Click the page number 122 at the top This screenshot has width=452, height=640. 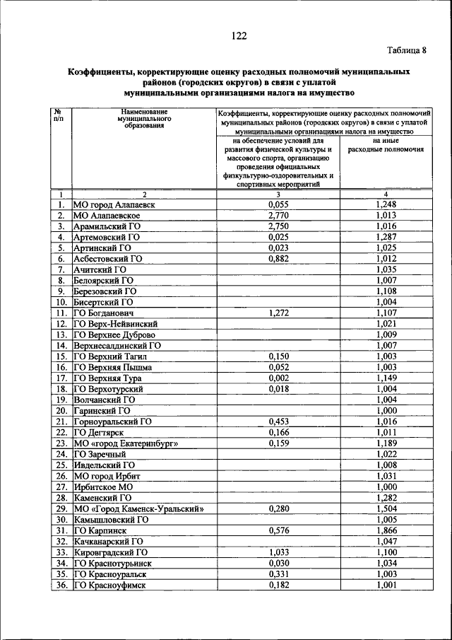click(237, 37)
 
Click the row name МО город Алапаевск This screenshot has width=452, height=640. click(113, 204)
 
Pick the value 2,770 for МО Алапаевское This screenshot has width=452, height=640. click(278, 215)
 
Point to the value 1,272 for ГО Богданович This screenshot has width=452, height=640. click(278, 313)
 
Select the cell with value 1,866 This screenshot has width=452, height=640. click(386, 529)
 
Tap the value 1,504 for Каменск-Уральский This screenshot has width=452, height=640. click(386, 508)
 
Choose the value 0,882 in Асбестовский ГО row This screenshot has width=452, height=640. click(278, 259)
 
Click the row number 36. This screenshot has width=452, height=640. click(61, 584)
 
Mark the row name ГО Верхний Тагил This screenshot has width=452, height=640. click(110, 356)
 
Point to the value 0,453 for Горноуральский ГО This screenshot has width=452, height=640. click(278, 421)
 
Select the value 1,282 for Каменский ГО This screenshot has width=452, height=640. click(386, 497)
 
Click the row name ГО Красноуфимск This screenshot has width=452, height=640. click(110, 584)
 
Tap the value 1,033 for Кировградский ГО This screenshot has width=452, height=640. click(278, 552)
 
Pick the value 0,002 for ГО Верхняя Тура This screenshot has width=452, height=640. click(278, 378)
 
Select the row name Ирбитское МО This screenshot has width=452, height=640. click(103, 487)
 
